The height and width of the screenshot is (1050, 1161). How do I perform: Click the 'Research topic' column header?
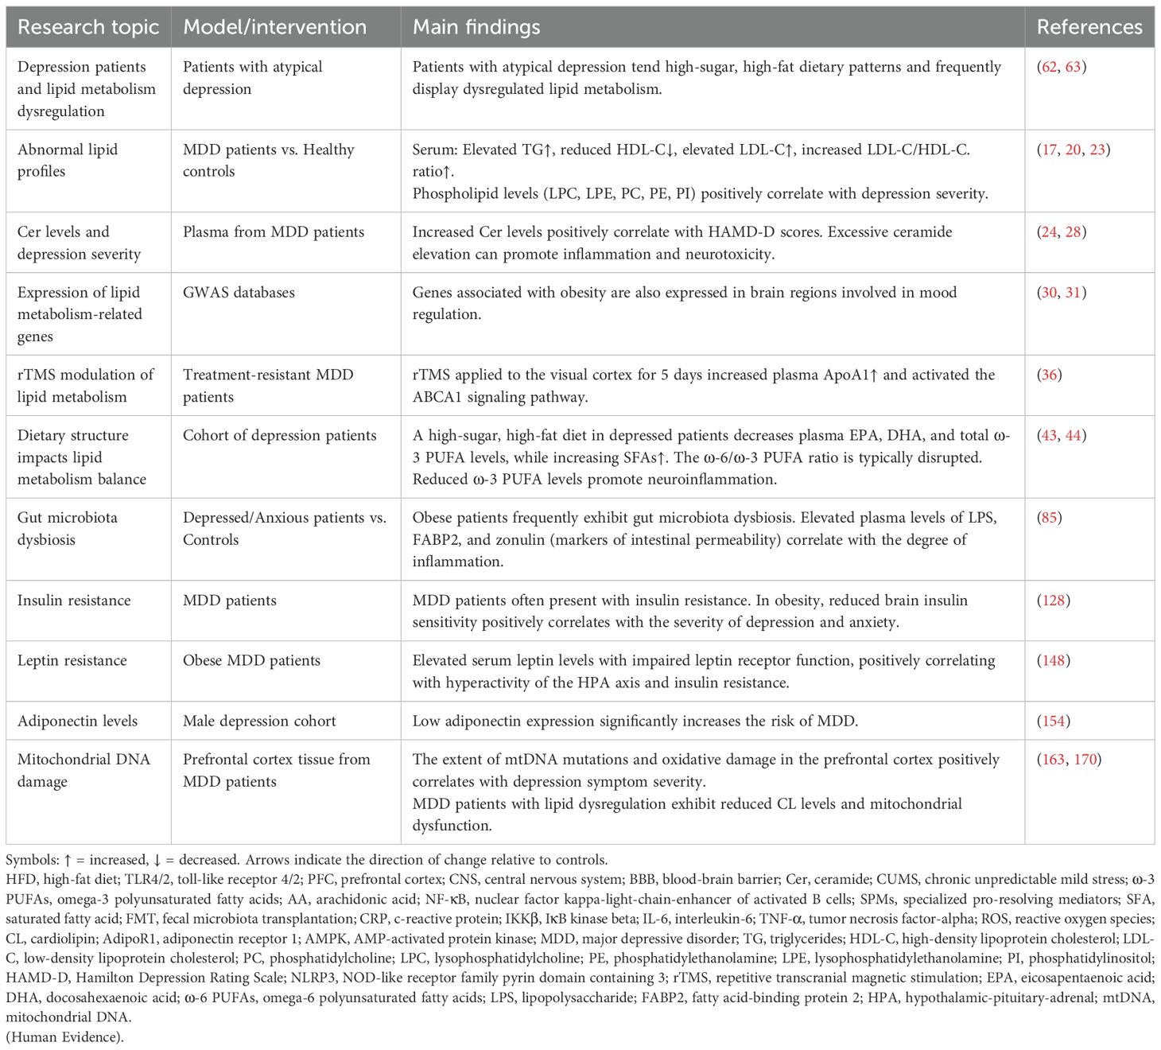tap(88, 27)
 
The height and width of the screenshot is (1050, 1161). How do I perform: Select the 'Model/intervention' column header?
tap(274, 27)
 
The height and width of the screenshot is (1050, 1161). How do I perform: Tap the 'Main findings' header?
tap(476, 27)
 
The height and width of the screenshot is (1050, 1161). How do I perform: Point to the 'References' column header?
tap(1089, 27)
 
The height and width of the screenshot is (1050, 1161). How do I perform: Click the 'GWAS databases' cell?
tap(239, 293)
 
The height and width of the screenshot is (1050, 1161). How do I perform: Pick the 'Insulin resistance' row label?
tap(74, 601)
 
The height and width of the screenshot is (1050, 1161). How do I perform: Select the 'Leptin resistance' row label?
tap(72, 661)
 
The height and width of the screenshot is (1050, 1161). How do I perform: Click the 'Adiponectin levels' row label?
tap(77, 721)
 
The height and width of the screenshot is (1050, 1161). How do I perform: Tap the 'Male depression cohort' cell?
tap(259, 721)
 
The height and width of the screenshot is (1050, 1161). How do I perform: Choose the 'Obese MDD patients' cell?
tap(251, 661)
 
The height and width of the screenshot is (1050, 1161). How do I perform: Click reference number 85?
tap(1050, 518)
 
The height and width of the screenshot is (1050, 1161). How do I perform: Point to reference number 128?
tap(1053, 601)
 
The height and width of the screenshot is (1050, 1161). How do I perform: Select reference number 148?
tap(1053, 661)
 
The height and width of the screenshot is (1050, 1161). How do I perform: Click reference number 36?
tap(1050, 375)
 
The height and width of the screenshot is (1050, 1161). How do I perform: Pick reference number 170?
tap(1085, 760)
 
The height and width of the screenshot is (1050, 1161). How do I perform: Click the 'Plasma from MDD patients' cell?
tap(274, 232)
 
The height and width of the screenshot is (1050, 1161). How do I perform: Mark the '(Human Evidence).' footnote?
tap(64, 1036)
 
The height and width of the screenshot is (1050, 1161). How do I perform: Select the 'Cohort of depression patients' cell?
tap(279, 436)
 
